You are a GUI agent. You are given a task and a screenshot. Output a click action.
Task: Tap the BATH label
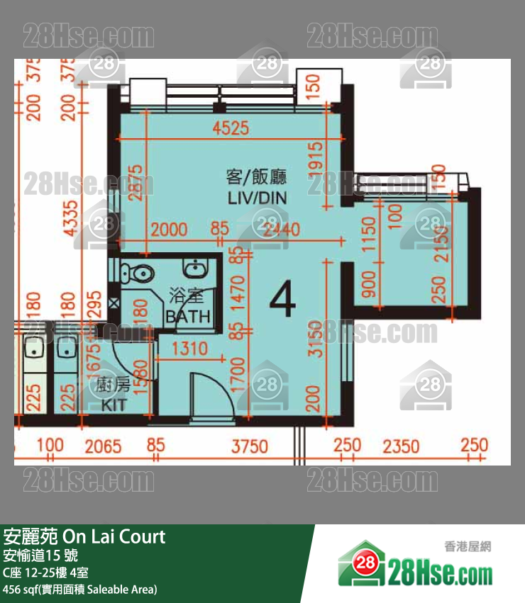coord(187,316)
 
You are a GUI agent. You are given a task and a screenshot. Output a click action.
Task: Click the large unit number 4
coord(282,301)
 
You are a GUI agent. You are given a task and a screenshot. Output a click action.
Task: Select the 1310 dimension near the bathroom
coord(189,348)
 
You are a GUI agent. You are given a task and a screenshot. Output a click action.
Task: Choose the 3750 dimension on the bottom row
coord(250,446)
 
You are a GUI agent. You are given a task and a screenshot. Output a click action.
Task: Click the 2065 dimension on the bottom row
coord(103,446)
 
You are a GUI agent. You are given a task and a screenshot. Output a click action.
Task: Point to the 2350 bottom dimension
coord(402,446)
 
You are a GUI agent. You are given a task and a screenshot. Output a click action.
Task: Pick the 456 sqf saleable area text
coord(79,589)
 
